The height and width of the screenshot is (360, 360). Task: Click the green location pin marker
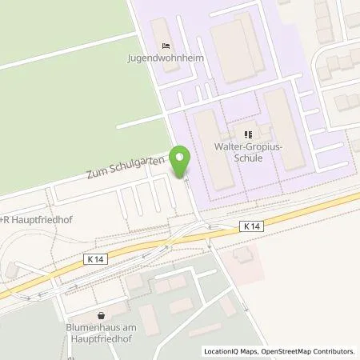[x=182, y=161]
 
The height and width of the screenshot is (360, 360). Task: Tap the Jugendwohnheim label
[x=164, y=58]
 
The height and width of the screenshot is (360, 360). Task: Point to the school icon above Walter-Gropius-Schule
[x=248, y=134]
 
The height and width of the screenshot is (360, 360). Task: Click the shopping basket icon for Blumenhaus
[x=101, y=316]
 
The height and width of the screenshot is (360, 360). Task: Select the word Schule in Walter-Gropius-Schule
[x=249, y=158]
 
